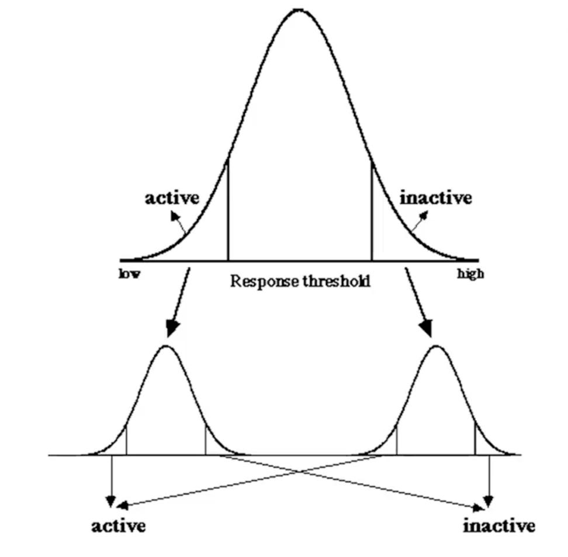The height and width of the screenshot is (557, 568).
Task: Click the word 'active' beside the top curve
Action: (x=172, y=198)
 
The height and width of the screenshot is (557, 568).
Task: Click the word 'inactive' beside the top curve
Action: (x=435, y=198)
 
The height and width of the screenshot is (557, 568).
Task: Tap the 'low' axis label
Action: (x=129, y=274)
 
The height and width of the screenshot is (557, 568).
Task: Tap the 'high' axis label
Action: (x=470, y=274)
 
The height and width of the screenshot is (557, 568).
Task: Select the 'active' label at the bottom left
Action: (x=119, y=526)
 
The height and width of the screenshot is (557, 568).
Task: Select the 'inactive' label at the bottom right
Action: (x=498, y=526)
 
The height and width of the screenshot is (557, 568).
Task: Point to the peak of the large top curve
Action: (x=299, y=10)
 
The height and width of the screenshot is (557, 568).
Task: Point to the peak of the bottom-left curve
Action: (x=167, y=346)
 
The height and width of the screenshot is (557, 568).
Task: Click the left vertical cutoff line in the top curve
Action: (x=228, y=210)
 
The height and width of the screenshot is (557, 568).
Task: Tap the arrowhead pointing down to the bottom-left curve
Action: (x=171, y=328)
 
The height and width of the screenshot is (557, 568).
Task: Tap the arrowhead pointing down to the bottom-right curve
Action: (x=427, y=328)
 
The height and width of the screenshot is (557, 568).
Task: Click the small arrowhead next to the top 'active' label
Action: (x=174, y=215)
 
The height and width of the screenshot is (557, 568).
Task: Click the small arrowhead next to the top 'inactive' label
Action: (x=424, y=215)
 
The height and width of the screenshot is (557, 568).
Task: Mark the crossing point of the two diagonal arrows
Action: (x=300, y=471)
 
